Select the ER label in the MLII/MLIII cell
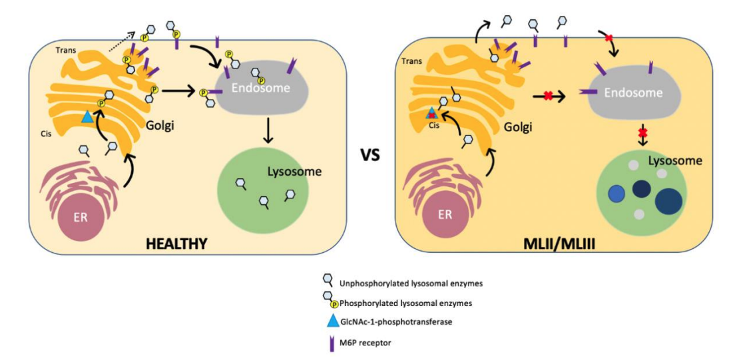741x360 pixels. [444, 215]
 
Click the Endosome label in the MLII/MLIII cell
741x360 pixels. [632, 93]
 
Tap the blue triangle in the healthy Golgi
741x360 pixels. [87, 117]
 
